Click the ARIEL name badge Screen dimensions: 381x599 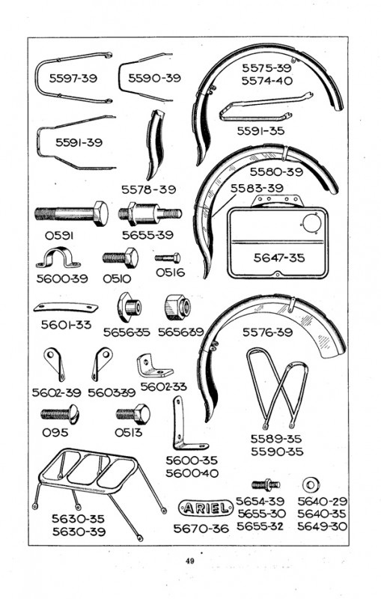coord(206,508)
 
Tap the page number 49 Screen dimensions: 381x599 coord(189,561)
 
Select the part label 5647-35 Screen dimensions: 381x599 coord(279,258)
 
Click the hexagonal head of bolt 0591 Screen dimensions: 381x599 coord(101,213)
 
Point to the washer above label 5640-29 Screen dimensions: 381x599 coord(311,485)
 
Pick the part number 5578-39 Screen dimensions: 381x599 coord(148,189)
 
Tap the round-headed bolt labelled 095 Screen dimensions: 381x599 coord(60,414)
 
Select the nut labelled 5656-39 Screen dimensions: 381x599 coord(177,307)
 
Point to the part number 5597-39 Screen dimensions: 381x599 coord(73,78)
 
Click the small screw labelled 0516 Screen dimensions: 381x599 coord(168,258)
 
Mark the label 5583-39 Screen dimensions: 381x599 coord(257,188)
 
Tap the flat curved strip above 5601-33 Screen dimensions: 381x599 coord(66,307)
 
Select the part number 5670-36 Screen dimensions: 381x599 coord(201,529)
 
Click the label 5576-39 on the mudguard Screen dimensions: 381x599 coord(268,332)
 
